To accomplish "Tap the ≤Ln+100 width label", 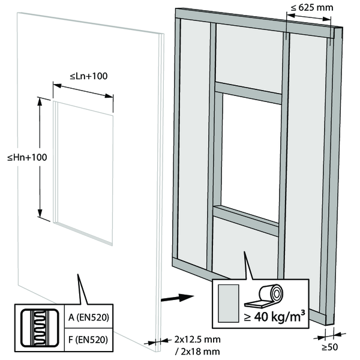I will (x=89, y=76).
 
